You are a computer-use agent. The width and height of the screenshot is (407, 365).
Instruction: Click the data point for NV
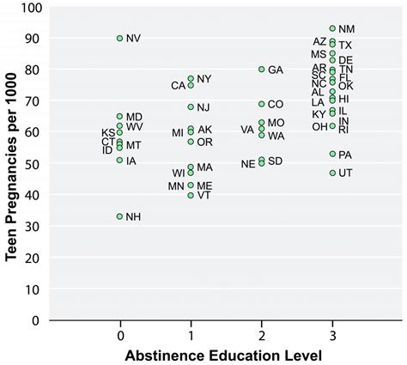120,38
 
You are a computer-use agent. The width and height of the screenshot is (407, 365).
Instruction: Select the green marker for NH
120,216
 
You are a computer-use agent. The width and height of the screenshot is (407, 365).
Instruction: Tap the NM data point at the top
332,28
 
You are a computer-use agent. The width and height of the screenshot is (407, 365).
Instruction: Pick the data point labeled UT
332,173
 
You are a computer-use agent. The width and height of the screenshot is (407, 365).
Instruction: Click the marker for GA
262,70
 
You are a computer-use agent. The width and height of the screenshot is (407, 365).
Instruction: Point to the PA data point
332,154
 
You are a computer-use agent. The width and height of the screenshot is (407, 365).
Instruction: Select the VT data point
191,195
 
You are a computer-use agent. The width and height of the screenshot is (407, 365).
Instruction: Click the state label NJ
203,107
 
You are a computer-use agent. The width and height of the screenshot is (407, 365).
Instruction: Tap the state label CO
275,104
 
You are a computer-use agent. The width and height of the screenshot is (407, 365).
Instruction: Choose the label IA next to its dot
131,161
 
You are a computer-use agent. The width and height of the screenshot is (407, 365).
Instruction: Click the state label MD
134,117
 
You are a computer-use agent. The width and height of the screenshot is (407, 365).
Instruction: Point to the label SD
275,161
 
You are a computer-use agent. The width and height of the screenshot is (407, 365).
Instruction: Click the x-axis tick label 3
332,335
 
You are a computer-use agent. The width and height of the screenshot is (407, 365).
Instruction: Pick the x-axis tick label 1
191,335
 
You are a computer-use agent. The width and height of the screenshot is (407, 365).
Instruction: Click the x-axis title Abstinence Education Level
226,355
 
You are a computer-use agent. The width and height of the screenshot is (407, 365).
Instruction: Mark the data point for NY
191,79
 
